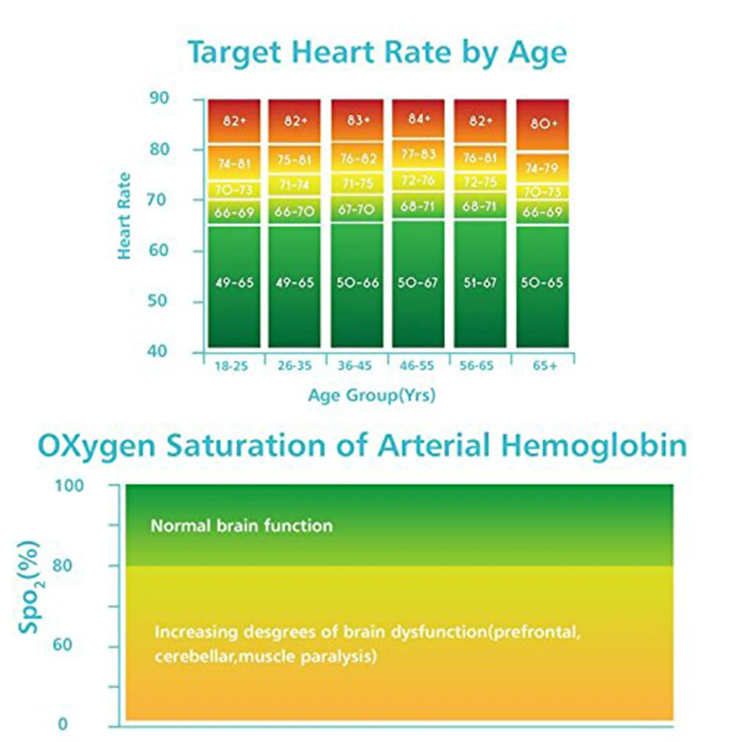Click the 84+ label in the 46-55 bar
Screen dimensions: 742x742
(419, 119)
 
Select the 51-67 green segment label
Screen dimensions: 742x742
(480, 282)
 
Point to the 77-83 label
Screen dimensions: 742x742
(419, 153)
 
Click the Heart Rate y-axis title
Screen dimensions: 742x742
(124, 216)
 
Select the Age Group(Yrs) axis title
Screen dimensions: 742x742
(372, 396)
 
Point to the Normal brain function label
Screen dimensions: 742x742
(242, 525)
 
